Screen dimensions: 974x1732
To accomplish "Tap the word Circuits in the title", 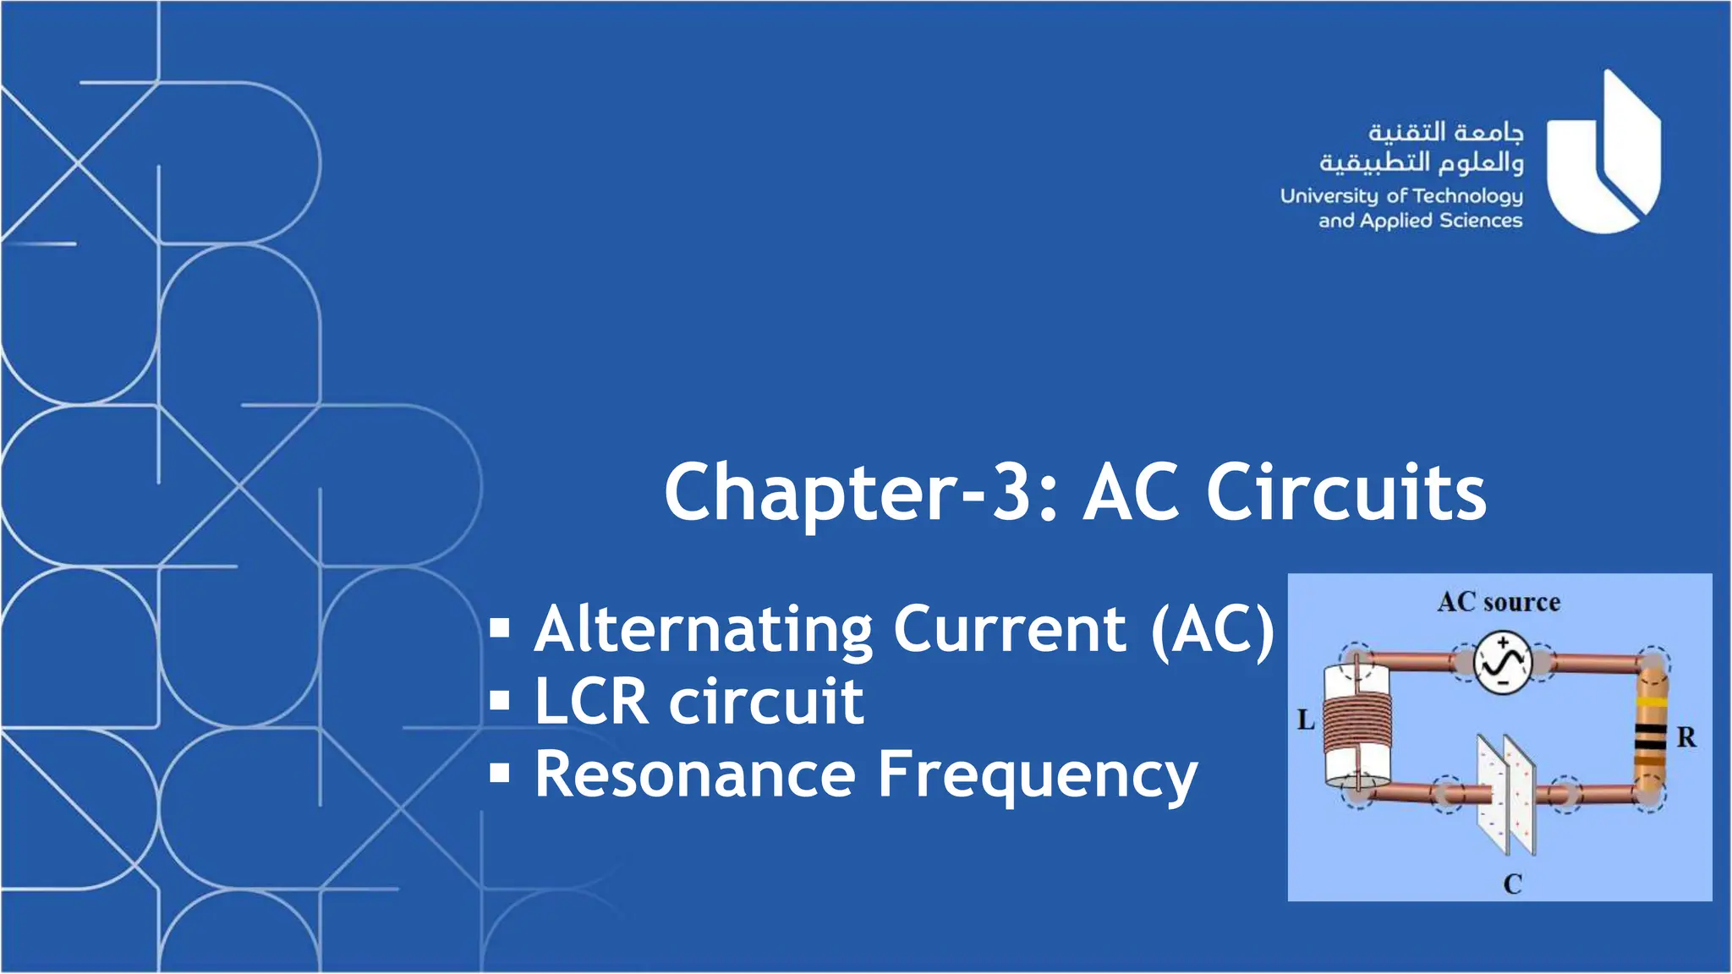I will click(x=1346, y=494).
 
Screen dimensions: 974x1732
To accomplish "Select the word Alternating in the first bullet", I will click(x=704, y=630).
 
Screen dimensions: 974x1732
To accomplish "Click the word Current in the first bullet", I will click(x=1010, y=630).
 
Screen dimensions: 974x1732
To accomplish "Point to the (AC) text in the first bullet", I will click(x=1212, y=630).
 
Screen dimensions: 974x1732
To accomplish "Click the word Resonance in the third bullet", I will click(x=695, y=774).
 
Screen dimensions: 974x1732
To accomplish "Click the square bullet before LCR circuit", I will click(x=500, y=701).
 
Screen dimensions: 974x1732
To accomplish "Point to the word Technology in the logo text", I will click(x=1467, y=196).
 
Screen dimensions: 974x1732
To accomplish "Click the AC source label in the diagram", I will click(x=1499, y=602).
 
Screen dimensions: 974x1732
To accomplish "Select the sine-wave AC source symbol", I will click(x=1503, y=662).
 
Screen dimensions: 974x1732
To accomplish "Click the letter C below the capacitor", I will click(x=1512, y=884).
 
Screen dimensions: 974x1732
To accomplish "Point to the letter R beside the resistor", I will click(x=1686, y=737).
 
